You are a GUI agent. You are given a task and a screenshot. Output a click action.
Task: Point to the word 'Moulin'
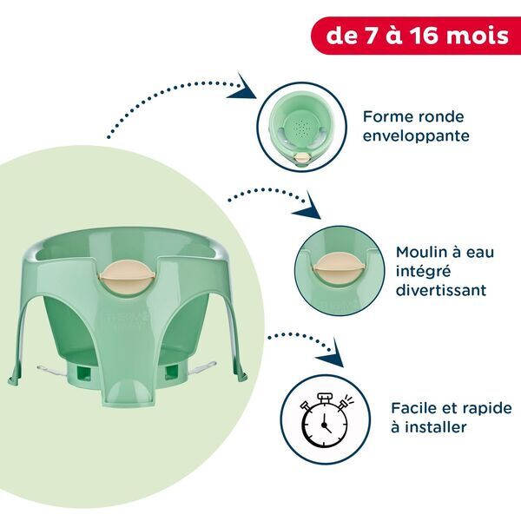click(x=418, y=252)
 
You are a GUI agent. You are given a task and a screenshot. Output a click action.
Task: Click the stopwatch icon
click(x=324, y=418)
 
